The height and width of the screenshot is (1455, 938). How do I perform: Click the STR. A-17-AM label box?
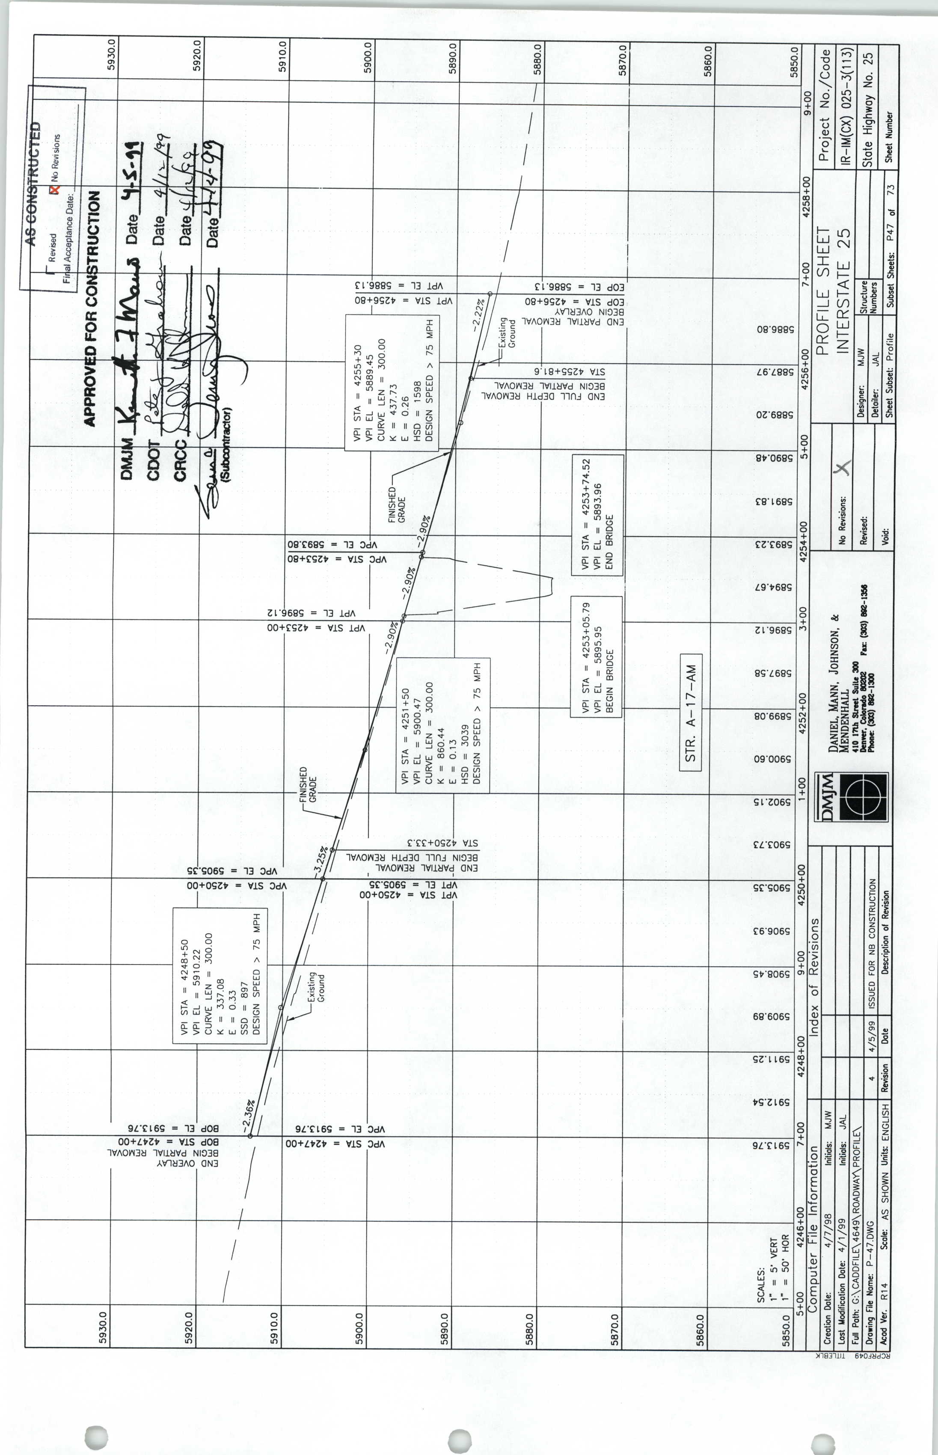(x=691, y=712)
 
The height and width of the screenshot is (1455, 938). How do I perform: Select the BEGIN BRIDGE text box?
(x=596, y=656)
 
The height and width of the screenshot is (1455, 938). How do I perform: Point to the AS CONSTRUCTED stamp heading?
(x=36, y=183)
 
